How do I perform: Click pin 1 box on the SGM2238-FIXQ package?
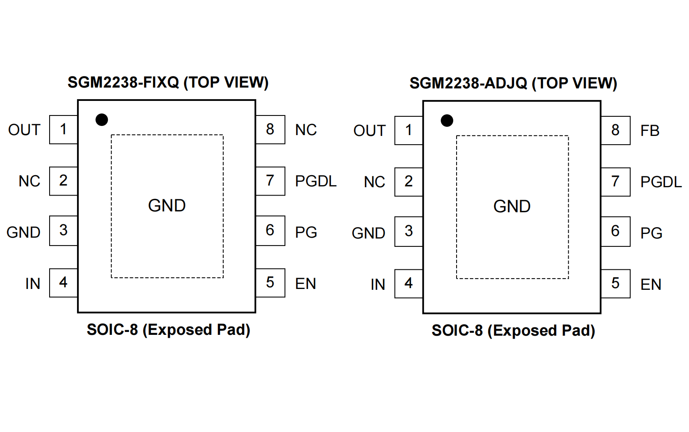click(x=63, y=130)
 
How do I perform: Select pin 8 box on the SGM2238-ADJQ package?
click(x=615, y=131)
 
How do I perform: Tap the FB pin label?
click(x=649, y=131)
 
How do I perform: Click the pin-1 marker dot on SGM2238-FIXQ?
click(x=102, y=120)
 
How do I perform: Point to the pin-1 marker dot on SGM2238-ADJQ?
click(x=447, y=121)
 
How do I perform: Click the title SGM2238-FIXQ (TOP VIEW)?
click(x=168, y=83)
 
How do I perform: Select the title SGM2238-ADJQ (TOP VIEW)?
click(x=513, y=83)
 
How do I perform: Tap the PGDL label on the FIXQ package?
click(x=315, y=181)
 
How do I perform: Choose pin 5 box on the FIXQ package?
click(x=270, y=283)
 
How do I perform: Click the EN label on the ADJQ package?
click(x=651, y=285)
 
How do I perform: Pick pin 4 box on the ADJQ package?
click(x=409, y=284)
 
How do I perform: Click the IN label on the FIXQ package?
click(x=32, y=284)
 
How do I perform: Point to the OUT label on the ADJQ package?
click(x=369, y=131)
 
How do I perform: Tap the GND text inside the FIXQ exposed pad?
click(x=167, y=206)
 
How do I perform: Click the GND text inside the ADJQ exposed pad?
click(x=512, y=206)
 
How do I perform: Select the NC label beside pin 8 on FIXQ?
click(x=306, y=130)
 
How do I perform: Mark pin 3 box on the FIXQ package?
click(x=63, y=231)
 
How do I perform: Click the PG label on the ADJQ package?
click(x=651, y=233)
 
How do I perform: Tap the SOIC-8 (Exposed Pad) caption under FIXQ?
click(x=168, y=330)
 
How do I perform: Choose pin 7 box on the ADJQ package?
click(x=615, y=182)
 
